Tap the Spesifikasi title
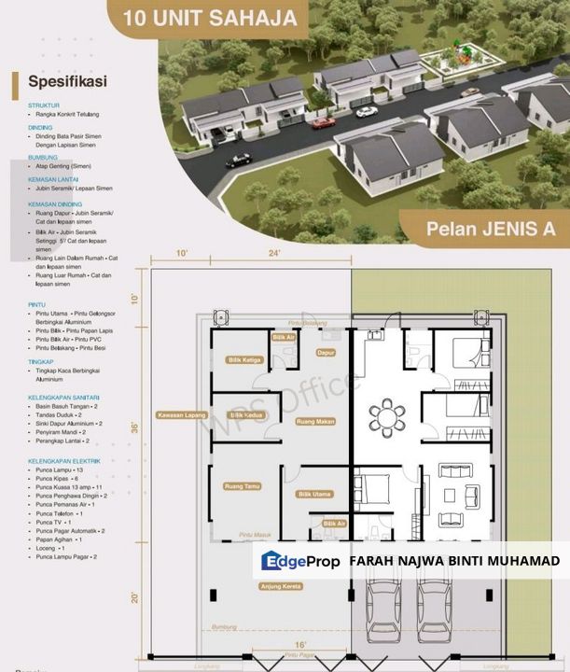coord(67,80)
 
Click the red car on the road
coord(323,122)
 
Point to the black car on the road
coord(238,159)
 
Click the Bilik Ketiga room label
coord(244,358)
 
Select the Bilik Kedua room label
coord(244,414)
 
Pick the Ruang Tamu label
coord(240,485)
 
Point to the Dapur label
coord(326,353)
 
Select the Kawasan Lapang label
coord(180,415)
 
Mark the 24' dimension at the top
coord(273,253)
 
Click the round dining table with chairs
coord(385,415)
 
